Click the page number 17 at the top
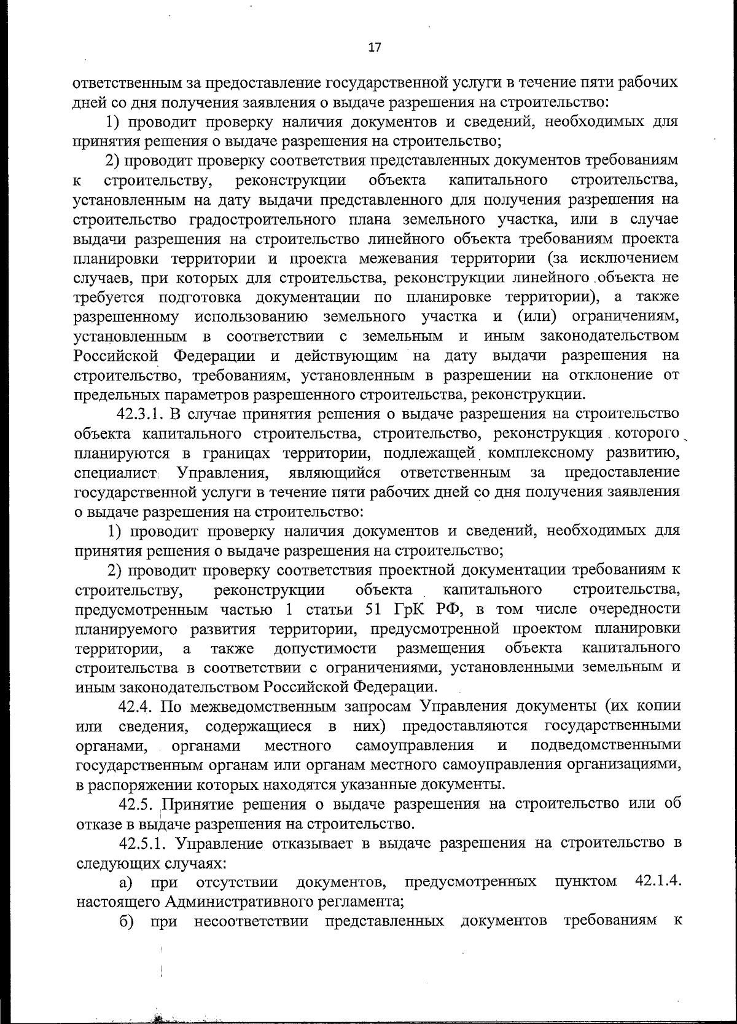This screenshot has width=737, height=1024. [374, 47]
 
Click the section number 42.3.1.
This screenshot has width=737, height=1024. [144, 414]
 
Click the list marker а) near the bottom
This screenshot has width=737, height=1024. [127, 883]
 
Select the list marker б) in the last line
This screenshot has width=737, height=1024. [127, 921]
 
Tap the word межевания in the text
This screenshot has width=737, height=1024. [395, 258]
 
